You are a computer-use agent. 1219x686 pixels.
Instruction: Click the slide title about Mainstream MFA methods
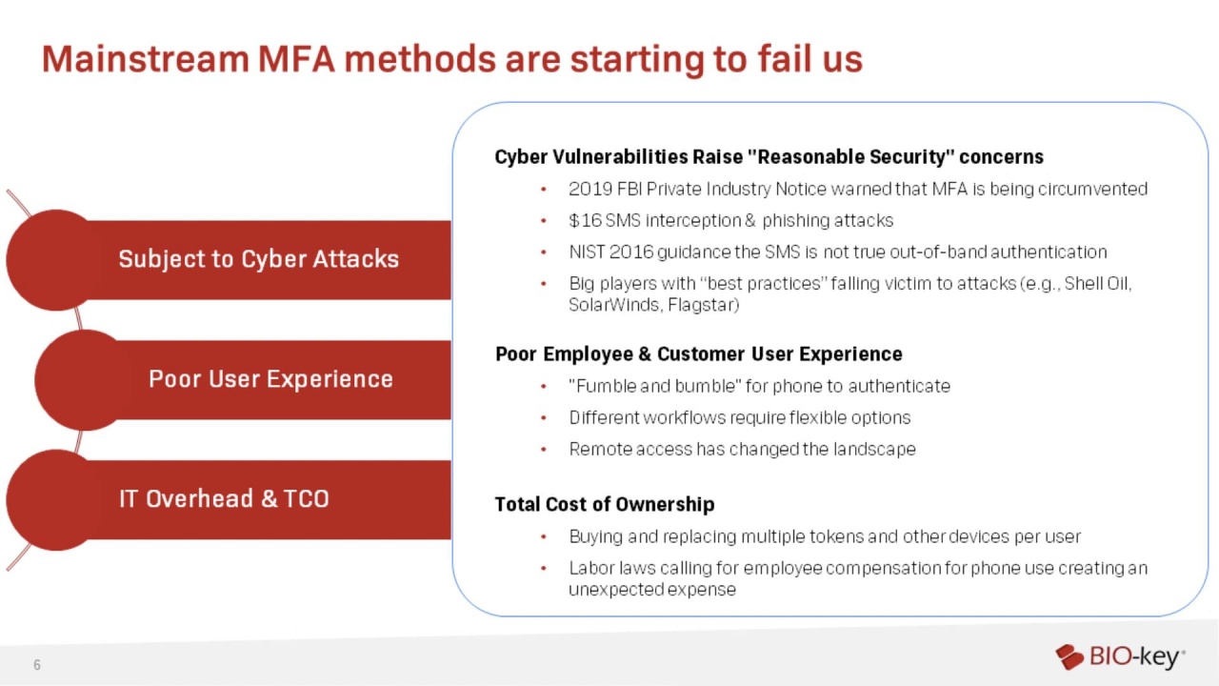pos(451,59)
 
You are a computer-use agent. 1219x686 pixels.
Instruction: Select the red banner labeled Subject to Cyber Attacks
pos(258,259)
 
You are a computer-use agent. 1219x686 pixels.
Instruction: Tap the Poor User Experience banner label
pos(270,379)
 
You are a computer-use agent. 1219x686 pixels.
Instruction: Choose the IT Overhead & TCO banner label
pos(224,499)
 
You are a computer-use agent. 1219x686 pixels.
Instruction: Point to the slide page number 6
pos(37,665)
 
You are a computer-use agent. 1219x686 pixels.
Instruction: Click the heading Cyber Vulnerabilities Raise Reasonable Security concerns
pos(769,157)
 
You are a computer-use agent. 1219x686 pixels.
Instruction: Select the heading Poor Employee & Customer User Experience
pos(698,354)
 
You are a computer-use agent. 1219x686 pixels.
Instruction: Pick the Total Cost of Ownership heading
pos(604,505)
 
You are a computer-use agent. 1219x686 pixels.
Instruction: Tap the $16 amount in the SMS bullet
pos(585,221)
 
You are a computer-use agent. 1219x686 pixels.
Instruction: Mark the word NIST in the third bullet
pos(587,252)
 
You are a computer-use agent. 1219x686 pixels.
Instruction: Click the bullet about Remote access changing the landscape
pos(742,449)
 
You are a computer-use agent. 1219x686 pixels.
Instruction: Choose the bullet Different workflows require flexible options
pos(739,417)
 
